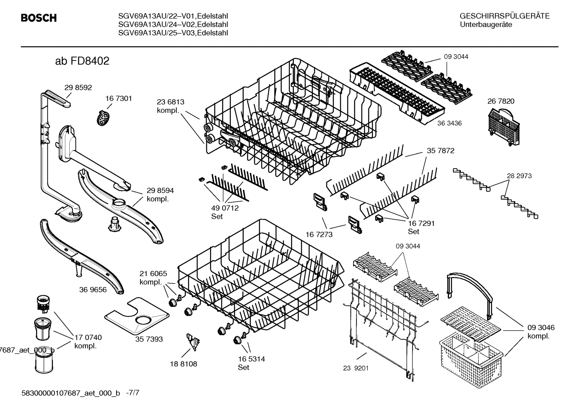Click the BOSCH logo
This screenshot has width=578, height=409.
pos(38,18)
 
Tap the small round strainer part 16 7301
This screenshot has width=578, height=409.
pos(103,118)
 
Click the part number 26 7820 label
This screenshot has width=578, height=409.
pos(501,102)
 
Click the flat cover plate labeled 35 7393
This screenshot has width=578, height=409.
pos(136,316)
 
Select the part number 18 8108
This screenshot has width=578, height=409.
pos(183,364)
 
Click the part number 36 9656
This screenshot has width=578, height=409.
pos(93,290)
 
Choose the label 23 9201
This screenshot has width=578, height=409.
pos(356,367)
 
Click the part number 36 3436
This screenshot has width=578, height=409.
pos(449,123)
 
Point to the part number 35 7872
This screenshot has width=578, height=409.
pos(440,151)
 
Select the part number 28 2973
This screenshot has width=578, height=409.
pos(519,176)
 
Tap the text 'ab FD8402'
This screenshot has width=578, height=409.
pos(82,61)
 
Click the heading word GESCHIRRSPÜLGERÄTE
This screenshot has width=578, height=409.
pos(504,16)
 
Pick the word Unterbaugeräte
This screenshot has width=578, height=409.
pos(485,24)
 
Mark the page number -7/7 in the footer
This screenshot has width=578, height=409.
pos(133,393)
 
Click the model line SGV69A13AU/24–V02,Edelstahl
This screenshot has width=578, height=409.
pos(173,24)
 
